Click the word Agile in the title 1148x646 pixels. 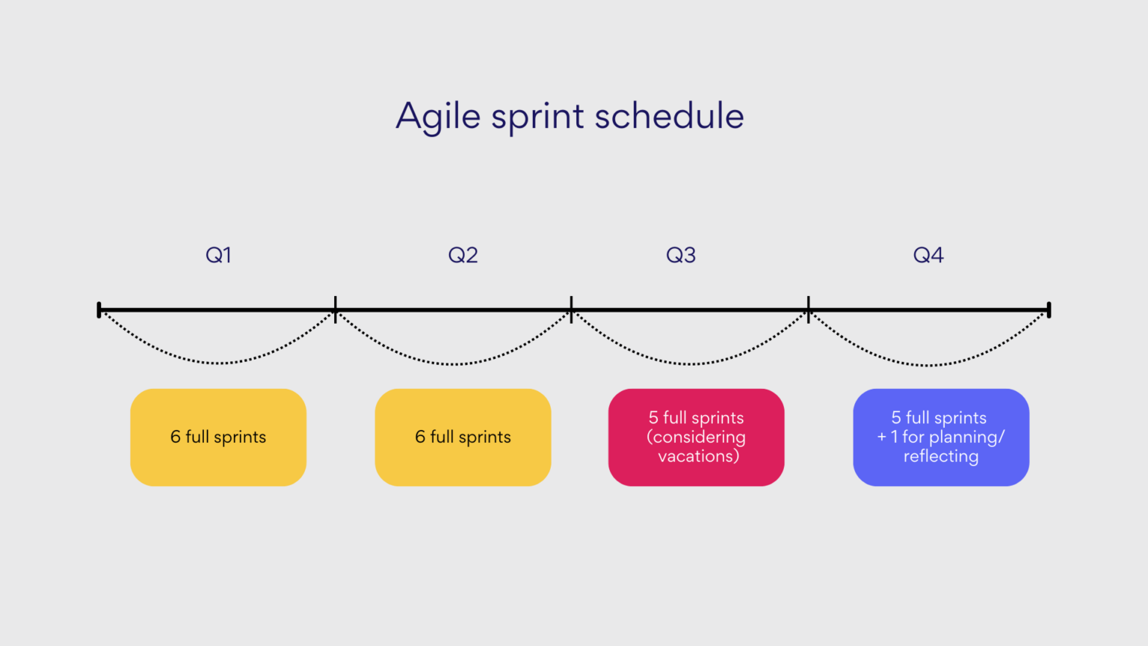coord(438,117)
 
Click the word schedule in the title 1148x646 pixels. coord(669,116)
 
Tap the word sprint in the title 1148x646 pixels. coord(537,117)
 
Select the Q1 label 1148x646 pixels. coord(218,255)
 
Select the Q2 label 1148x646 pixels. coord(463,255)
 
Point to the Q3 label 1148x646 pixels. coord(681,255)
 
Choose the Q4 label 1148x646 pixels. coord(928,255)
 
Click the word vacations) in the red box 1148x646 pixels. coord(698,456)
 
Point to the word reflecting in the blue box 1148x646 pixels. coord(941,456)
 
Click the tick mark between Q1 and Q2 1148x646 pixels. coord(336,309)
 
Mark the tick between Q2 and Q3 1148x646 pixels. coord(572,309)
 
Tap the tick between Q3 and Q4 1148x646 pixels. coord(809,309)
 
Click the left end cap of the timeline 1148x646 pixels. coord(99,310)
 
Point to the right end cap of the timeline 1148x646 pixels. coord(1049,310)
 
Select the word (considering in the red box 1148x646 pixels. coord(696,437)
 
